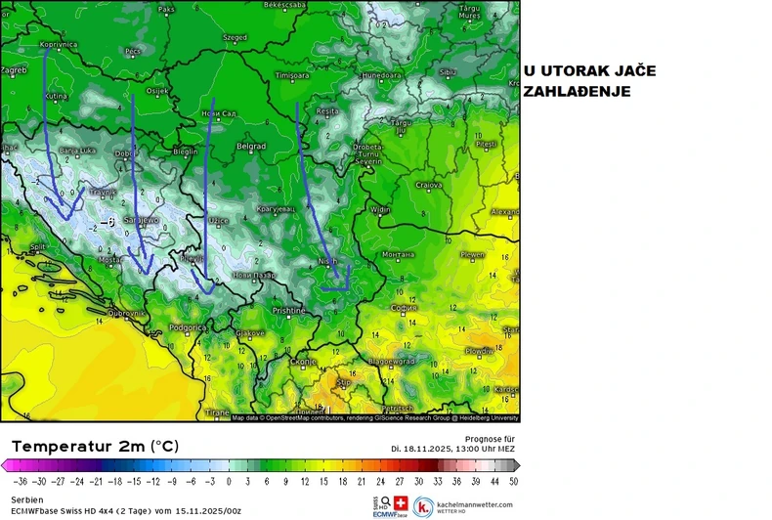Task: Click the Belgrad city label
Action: tap(252, 146)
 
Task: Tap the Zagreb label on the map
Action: tap(13, 70)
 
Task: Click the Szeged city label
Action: tap(236, 37)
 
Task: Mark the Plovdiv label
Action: tap(480, 350)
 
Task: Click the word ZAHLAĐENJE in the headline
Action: tap(577, 91)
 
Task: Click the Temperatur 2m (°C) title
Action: tap(94, 446)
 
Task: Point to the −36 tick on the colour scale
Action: tap(19, 481)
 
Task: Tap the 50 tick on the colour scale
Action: tap(513, 481)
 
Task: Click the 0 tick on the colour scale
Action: tap(230, 481)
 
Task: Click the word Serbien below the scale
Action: tap(27, 498)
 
